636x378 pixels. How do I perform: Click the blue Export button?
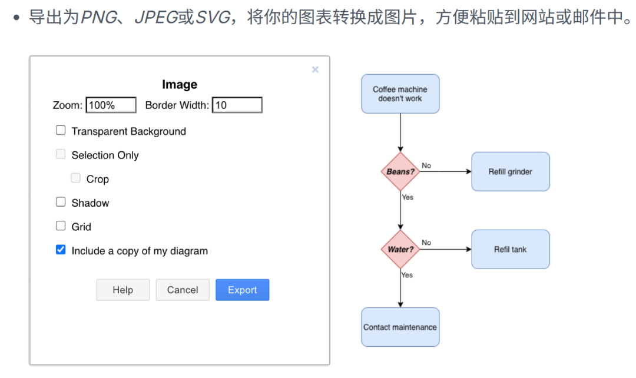(x=242, y=290)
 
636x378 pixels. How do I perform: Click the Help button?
(x=123, y=290)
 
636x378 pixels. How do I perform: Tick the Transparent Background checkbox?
(x=61, y=130)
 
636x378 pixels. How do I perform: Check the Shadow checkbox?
(x=61, y=202)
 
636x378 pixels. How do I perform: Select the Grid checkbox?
(x=61, y=226)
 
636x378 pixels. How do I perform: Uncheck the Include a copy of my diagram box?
(x=61, y=250)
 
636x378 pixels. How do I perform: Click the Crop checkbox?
(x=75, y=178)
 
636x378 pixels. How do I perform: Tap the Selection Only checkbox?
(x=61, y=154)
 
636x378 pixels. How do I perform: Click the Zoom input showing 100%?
(x=111, y=105)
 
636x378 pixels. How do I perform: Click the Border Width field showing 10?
(x=237, y=105)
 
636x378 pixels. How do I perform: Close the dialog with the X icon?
(x=315, y=69)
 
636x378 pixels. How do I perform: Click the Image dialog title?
(x=180, y=84)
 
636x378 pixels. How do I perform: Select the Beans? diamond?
(x=400, y=171)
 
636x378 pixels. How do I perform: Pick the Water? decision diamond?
(x=400, y=250)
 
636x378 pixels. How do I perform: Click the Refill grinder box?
(x=510, y=171)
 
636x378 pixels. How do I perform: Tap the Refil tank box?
(x=510, y=250)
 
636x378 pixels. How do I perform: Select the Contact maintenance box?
(x=400, y=327)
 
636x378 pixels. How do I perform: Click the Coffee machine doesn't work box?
(x=400, y=94)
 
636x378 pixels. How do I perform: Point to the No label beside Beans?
(x=426, y=165)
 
